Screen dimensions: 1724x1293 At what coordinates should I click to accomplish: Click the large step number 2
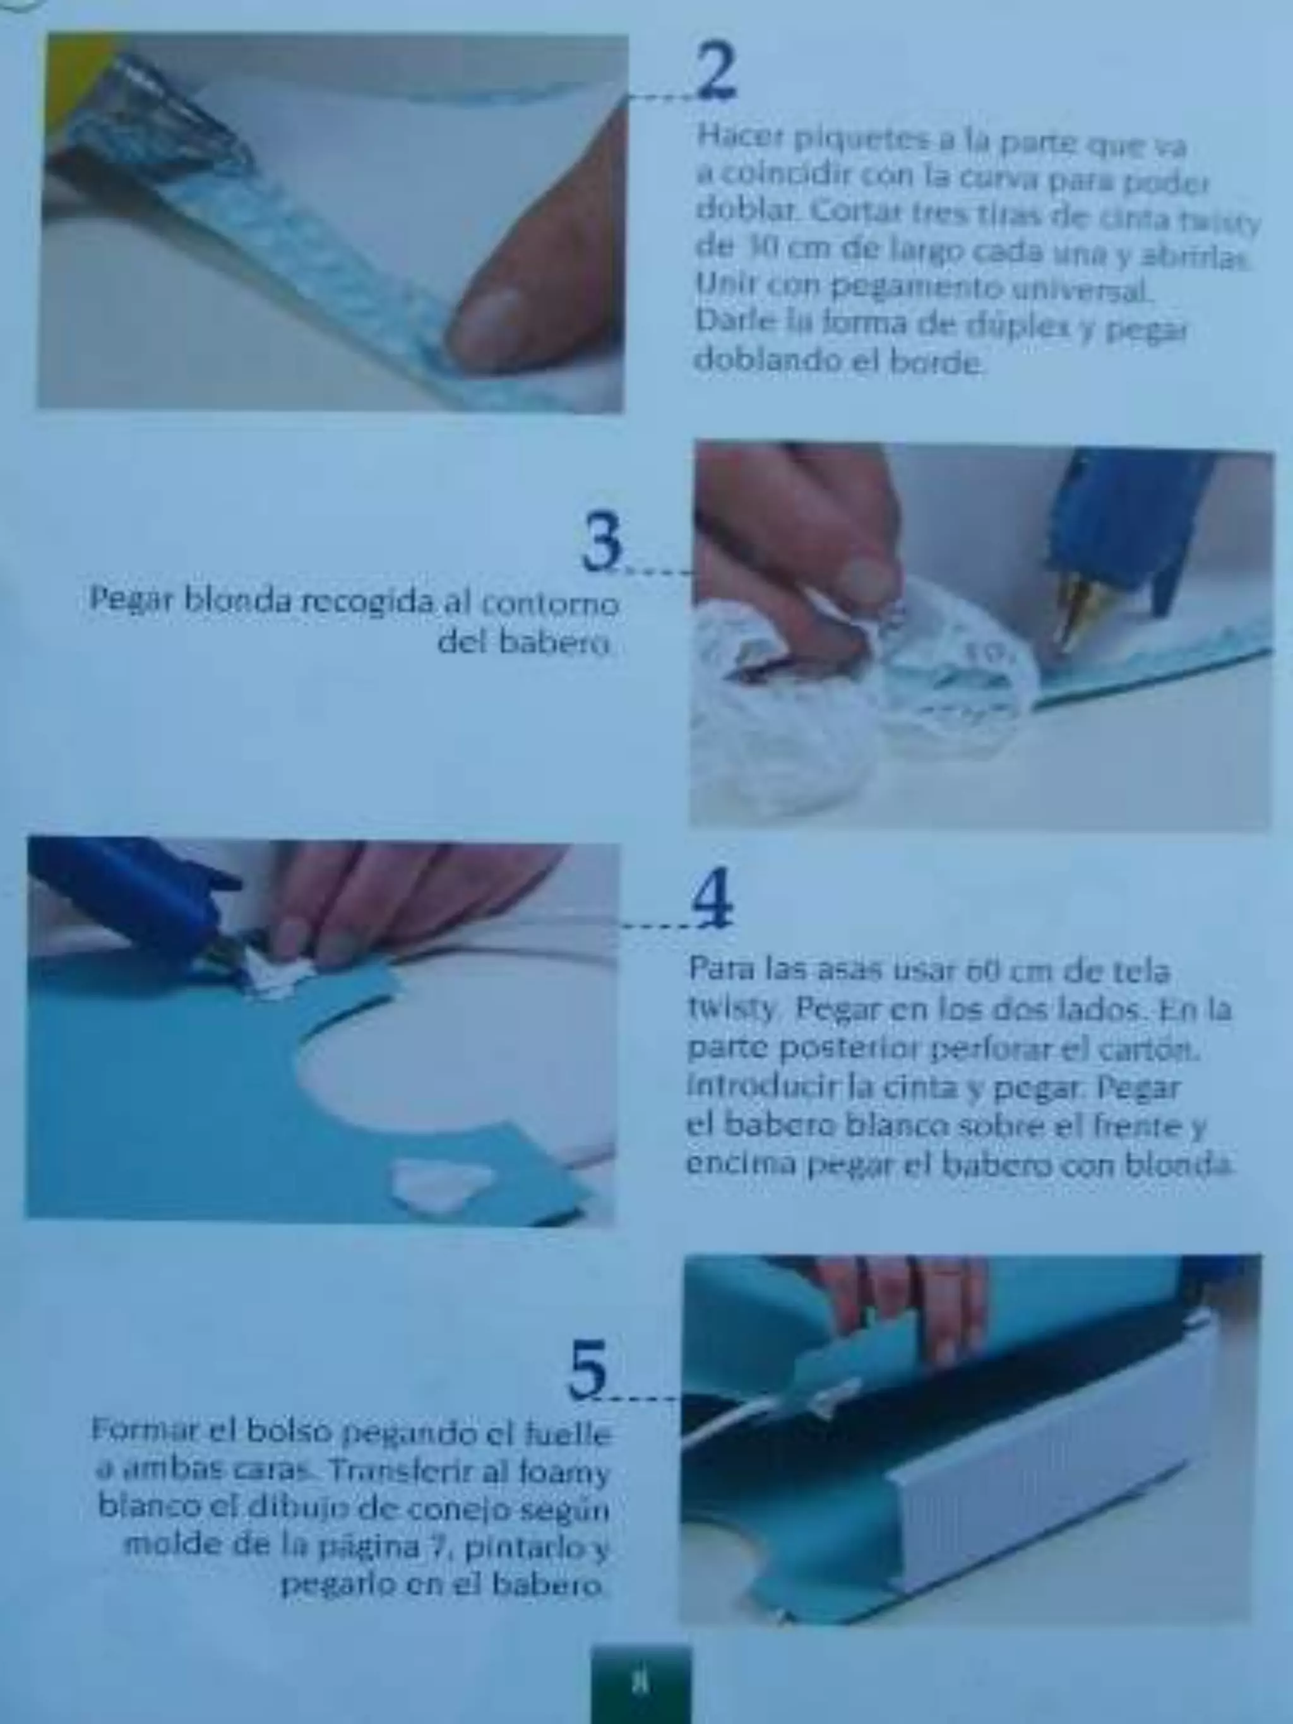[716, 72]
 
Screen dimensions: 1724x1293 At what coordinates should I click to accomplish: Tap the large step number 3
[602, 541]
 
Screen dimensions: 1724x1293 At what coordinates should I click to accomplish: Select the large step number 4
[712, 897]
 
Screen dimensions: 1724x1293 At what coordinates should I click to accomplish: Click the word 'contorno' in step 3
[551, 604]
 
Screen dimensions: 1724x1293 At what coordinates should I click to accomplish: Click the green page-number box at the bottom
[641, 1681]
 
